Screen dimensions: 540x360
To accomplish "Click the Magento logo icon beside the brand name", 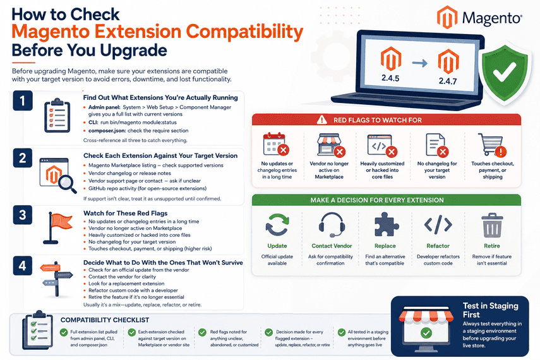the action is click(x=447, y=17).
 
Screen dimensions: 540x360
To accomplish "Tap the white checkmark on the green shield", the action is click(x=504, y=71).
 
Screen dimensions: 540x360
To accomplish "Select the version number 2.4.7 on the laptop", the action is click(x=448, y=81).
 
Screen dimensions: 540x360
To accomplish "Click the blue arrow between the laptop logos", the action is click(x=419, y=63).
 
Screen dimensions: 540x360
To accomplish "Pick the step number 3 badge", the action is click(x=22, y=215).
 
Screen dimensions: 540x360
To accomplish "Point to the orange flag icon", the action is click(x=58, y=228).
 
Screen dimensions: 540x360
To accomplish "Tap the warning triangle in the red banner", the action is click(x=321, y=119).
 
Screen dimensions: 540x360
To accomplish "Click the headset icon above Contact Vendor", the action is click(x=332, y=225).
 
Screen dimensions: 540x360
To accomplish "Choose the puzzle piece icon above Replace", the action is click(x=386, y=224).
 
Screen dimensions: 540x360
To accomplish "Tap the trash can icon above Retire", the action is click(x=492, y=225).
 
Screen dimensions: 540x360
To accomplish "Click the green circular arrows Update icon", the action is click(x=277, y=225).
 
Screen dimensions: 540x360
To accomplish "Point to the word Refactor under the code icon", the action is click(x=438, y=246).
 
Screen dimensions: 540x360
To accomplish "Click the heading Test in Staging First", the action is click(x=490, y=310).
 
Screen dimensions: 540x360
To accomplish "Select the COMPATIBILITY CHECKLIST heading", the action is click(x=105, y=320).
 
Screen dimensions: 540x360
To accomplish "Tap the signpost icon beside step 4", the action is click(x=56, y=279).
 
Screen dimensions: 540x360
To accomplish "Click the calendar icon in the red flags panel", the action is click(x=275, y=145).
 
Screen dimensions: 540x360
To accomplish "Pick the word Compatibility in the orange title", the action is click(x=245, y=32).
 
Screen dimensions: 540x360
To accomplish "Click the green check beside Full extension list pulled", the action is click(x=64, y=332).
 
